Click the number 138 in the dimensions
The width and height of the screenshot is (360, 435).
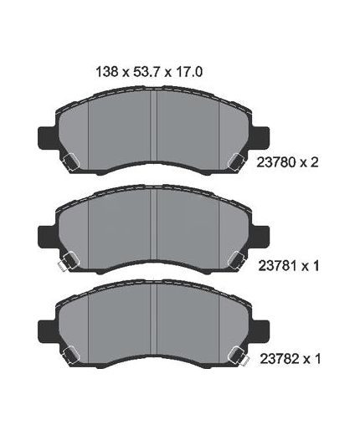[107, 72]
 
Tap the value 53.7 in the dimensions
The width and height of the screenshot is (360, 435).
[147, 72]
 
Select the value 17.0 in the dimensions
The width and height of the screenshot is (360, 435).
[188, 72]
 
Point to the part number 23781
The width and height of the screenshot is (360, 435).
[277, 266]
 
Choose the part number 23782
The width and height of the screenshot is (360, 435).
[279, 359]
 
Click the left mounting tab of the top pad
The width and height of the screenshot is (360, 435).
[48, 137]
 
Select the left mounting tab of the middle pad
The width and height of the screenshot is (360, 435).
[48, 237]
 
